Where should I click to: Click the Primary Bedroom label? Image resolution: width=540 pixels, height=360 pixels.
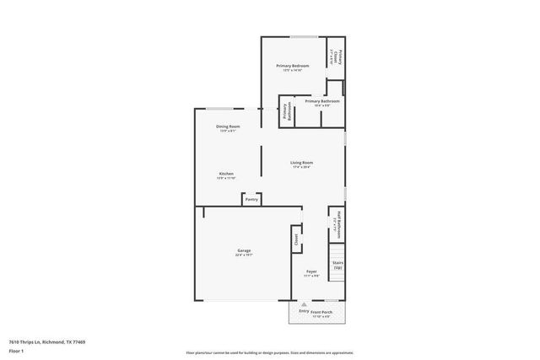pyautogui.click(x=293, y=65)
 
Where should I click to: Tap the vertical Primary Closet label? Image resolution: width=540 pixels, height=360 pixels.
pyautogui.click(x=336, y=56)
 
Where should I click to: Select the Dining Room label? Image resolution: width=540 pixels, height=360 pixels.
pyautogui.click(x=228, y=126)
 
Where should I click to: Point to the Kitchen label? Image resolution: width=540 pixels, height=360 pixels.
pyautogui.click(x=226, y=174)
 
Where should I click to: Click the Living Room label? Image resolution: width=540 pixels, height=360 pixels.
pyautogui.click(x=302, y=163)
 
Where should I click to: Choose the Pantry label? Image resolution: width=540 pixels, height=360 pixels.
pyautogui.click(x=251, y=199)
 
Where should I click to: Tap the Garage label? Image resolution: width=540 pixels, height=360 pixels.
pyautogui.click(x=243, y=250)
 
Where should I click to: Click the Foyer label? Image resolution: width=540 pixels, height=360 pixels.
pyautogui.click(x=311, y=271)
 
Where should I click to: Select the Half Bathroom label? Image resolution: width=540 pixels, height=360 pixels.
pyautogui.click(x=337, y=223)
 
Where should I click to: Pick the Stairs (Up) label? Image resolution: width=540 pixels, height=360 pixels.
pyautogui.click(x=337, y=265)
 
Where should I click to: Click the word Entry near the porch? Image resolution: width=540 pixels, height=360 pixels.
pyautogui.click(x=304, y=312)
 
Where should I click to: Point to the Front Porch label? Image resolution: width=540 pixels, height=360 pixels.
pyautogui.click(x=321, y=312)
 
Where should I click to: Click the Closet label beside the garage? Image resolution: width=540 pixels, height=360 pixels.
pyautogui.click(x=296, y=239)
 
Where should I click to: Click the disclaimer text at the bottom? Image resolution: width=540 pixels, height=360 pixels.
pyautogui.click(x=269, y=352)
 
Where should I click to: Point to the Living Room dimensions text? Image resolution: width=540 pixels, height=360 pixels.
pyautogui.click(x=302, y=167)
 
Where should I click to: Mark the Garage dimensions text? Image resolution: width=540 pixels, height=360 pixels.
pyautogui.click(x=243, y=255)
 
